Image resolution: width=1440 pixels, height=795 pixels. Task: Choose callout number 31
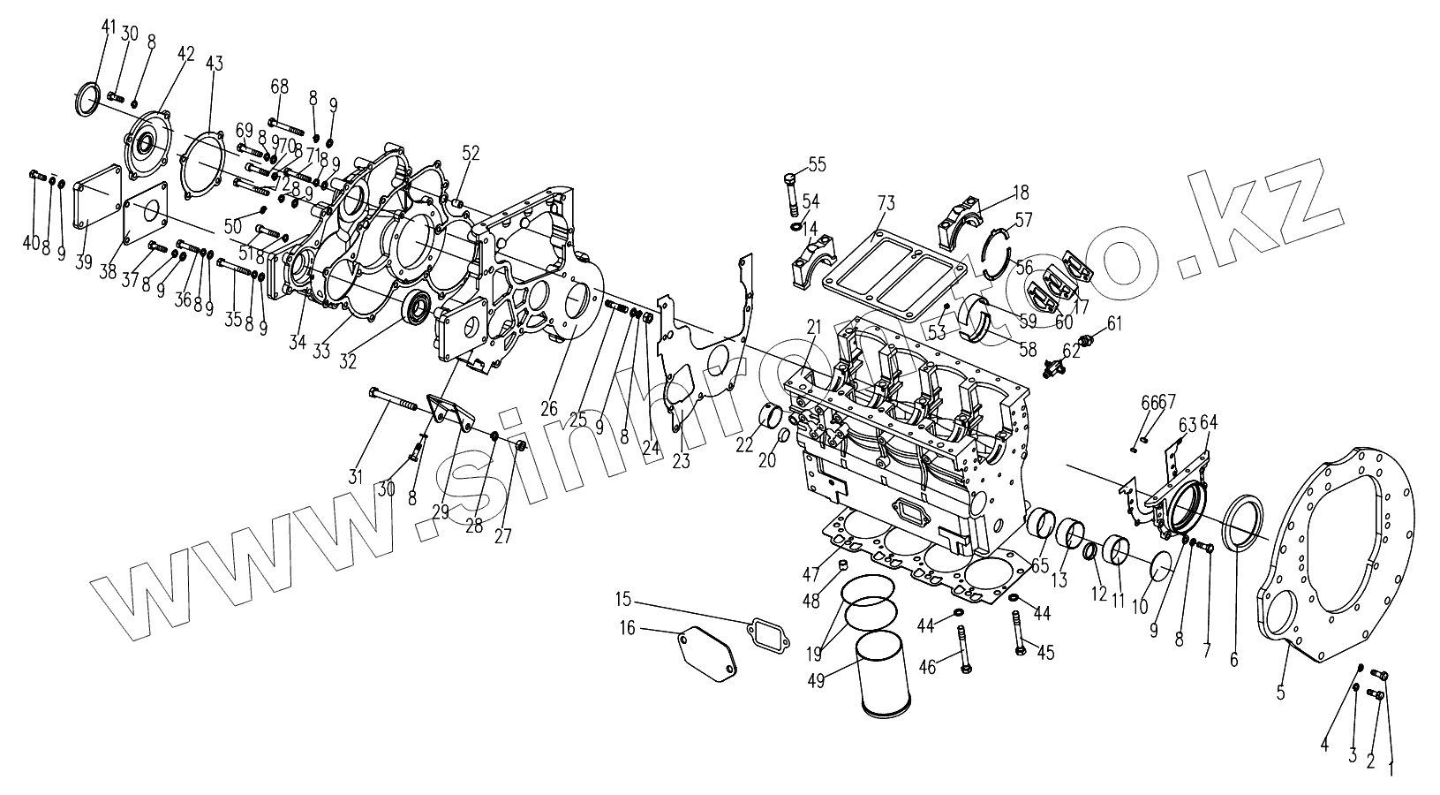pos(356,478)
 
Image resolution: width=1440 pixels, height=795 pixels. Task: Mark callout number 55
pos(816,163)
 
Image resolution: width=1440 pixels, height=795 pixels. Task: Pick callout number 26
pos(549,408)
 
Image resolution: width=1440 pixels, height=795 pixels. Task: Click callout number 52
pos(471,153)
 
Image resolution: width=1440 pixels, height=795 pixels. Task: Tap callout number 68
pos(280,87)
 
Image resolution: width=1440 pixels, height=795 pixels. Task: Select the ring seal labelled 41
pos(87,99)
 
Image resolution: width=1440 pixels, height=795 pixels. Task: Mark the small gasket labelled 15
pos(766,632)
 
